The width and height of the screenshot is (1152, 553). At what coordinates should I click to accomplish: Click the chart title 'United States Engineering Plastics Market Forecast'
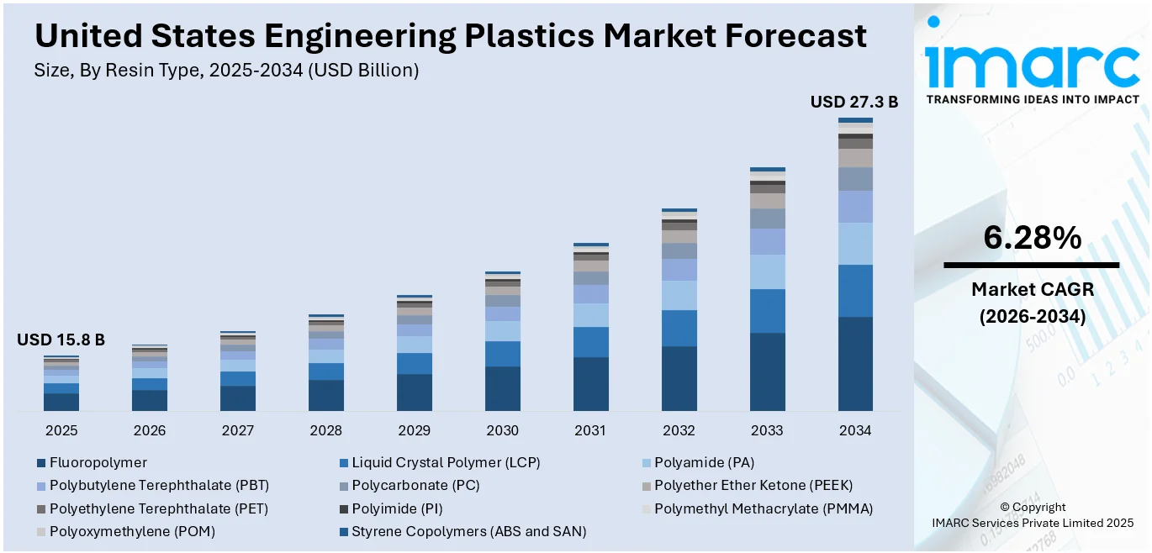tap(450, 35)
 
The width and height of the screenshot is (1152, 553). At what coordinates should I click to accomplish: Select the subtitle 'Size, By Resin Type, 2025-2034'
tap(226, 71)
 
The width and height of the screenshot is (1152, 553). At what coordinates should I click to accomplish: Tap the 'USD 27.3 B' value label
tap(853, 102)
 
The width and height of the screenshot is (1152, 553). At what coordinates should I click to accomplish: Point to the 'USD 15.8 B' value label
tap(61, 340)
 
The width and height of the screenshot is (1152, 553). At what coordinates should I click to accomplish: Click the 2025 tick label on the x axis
tap(61, 430)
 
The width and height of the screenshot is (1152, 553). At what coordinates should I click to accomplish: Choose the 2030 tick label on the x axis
tap(503, 430)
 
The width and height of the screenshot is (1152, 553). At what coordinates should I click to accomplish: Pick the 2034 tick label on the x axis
tap(855, 430)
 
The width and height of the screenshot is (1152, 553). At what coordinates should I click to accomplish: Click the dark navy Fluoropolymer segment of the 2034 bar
tap(855, 363)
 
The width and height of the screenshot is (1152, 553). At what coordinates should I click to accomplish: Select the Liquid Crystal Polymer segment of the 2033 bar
tap(767, 311)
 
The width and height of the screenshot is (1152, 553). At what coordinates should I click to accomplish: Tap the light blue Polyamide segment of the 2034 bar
tap(855, 244)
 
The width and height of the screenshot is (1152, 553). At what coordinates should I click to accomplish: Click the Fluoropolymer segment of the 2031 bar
tap(590, 384)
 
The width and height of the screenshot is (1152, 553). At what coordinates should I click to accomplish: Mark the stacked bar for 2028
tap(326, 363)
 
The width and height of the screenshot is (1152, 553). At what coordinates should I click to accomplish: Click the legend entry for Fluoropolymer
tap(98, 462)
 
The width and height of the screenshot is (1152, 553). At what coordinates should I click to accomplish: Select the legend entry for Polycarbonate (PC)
tap(415, 485)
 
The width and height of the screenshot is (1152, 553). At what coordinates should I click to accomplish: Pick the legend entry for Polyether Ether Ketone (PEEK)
tap(753, 485)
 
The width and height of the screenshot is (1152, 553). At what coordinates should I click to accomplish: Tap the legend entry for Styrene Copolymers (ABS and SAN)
tap(468, 531)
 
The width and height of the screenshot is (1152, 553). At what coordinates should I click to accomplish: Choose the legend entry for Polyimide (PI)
tap(397, 508)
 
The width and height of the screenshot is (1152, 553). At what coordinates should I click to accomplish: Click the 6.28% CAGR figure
tap(1032, 239)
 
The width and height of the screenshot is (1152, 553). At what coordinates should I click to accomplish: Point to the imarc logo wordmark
tap(1032, 66)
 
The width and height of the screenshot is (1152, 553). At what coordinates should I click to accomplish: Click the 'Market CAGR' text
tap(1032, 290)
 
